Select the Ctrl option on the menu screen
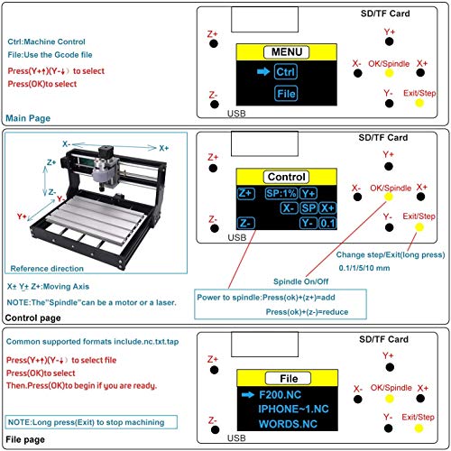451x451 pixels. point(284,70)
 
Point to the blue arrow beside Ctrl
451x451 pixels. point(260,70)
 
